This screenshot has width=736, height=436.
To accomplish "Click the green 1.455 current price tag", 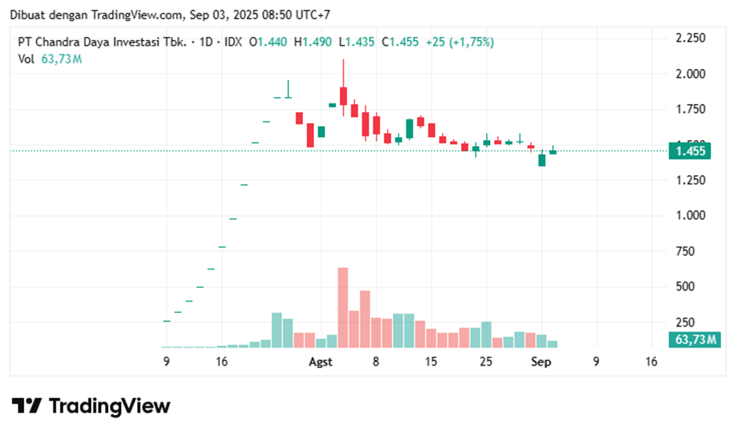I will [689, 150].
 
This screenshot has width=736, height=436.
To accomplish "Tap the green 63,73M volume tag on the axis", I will [693, 339].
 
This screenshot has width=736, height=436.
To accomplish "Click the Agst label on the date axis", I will [321, 362].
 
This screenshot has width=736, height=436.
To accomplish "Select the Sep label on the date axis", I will [540, 362].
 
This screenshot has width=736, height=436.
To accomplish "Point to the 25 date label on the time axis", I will [486, 362].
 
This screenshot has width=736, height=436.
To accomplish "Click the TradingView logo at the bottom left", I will [91, 405].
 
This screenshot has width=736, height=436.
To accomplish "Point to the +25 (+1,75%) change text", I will [460, 41].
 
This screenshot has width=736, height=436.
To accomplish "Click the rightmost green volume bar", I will [553, 344].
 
